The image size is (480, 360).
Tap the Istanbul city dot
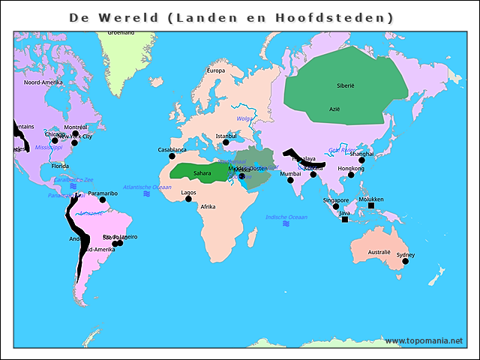pos(226,142)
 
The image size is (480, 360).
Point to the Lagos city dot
pos(188,199)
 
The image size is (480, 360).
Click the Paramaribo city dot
pos(103,199)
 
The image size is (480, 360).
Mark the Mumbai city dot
pos(290,180)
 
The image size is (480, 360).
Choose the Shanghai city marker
pos(361,160)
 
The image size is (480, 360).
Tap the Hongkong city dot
pos(350,175)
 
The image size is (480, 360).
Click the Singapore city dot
pos(336,206)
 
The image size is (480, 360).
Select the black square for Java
pos(345,220)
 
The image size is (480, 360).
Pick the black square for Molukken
pos(371,205)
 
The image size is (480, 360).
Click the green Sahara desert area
pos(201,169)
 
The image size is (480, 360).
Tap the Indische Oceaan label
pos(286,217)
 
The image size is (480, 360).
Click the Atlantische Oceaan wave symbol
pos(147,193)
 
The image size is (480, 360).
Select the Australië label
pos(379,252)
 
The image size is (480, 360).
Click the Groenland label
pos(121,32)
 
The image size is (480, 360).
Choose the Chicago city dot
pos(54,140)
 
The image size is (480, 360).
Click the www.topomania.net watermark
pos(424,340)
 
